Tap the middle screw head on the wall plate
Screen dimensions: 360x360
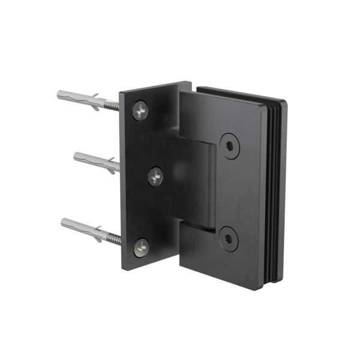(x=155, y=176)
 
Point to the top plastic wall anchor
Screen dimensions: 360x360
(x=78, y=97)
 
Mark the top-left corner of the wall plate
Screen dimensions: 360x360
(x=119, y=92)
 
